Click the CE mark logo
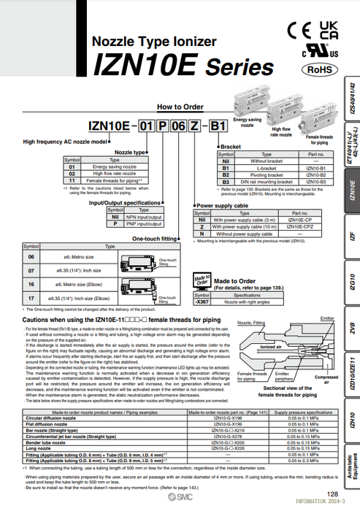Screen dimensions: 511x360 point(301,32)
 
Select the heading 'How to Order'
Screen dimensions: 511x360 point(175,107)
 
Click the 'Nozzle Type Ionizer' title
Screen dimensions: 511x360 point(154,44)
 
